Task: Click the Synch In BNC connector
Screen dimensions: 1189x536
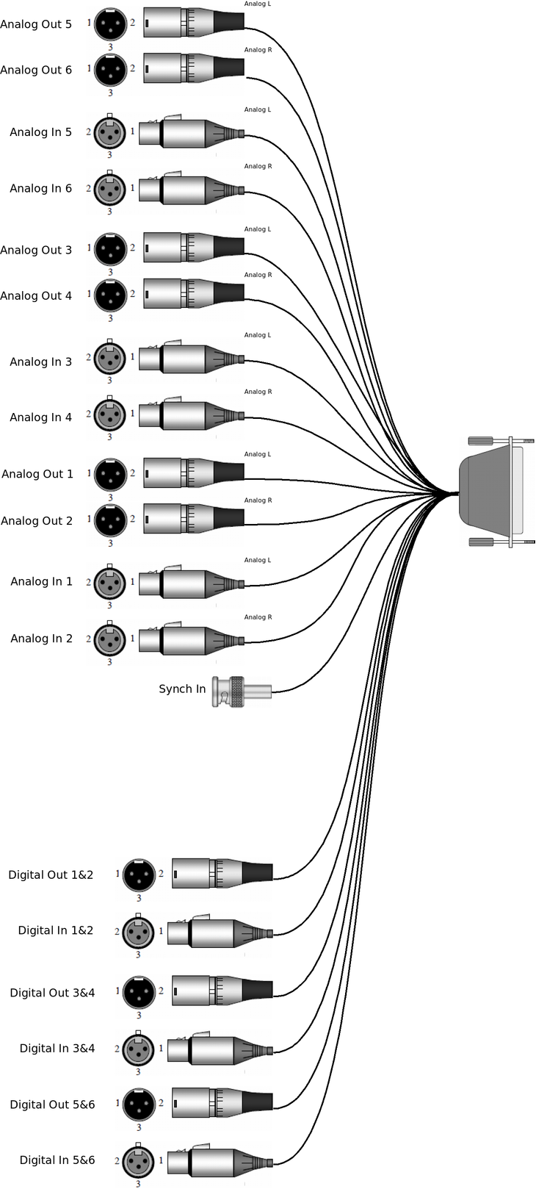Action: (241, 692)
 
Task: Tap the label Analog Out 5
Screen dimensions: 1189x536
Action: (36, 24)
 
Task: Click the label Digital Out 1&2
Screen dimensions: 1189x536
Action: (51, 874)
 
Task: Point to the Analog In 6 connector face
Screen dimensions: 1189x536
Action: (110, 189)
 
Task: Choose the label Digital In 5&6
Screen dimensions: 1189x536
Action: (57, 1160)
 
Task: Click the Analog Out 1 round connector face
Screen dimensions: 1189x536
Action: (110, 475)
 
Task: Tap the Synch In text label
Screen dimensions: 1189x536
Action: (182, 689)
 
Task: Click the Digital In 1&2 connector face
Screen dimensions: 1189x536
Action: (138, 932)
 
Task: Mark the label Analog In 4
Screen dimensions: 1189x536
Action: (40, 417)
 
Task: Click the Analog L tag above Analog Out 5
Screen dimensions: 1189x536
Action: (258, 4)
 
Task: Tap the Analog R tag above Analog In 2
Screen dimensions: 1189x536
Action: (258, 617)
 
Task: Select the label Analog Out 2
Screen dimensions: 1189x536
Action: (37, 521)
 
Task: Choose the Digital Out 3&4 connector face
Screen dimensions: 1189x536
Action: (139, 993)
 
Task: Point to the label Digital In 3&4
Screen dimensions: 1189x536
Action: (57, 1049)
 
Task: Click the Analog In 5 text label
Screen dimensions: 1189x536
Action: (40, 132)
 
